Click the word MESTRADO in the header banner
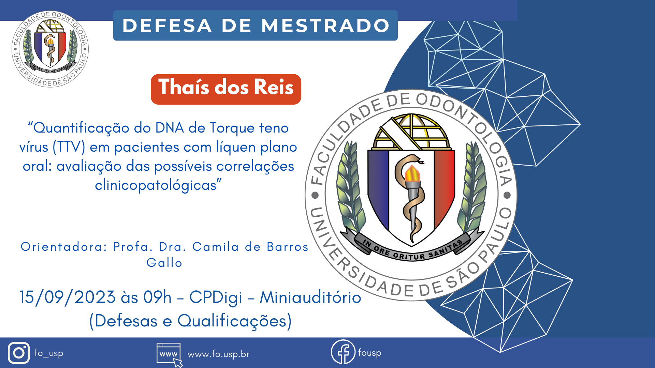point(325,26)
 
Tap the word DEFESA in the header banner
point(167,26)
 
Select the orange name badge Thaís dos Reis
point(226,89)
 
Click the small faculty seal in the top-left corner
point(50,49)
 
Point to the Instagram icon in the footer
point(19,353)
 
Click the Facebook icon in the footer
point(343,352)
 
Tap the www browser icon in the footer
point(169,355)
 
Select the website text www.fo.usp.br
point(218,354)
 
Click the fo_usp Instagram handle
point(49,353)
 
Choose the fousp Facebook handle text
point(369,352)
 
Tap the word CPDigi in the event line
point(216,297)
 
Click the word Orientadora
point(64,246)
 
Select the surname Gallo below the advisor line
point(164,263)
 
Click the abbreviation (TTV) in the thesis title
point(69,147)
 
